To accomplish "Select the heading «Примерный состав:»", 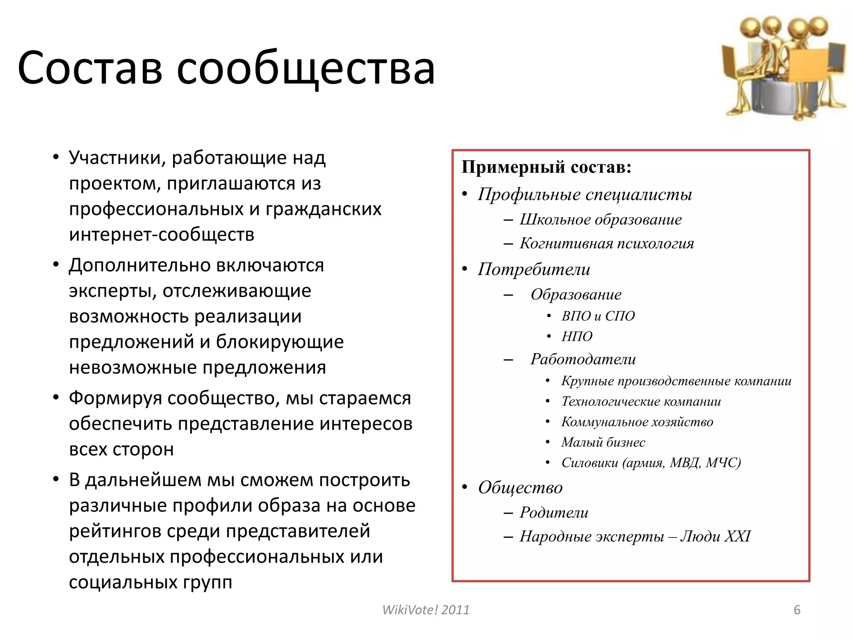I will (x=546, y=167).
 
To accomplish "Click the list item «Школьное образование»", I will (x=600, y=219).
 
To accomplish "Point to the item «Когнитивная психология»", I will (x=607, y=243).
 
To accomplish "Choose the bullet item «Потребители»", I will (x=534, y=269).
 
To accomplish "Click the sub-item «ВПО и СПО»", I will (x=598, y=316).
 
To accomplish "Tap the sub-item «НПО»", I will (x=577, y=336).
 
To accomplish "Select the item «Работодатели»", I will (x=583, y=359).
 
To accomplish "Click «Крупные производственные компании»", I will (x=676, y=381).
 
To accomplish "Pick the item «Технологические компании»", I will (x=641, y=401).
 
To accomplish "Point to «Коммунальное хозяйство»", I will (x=637, y=422).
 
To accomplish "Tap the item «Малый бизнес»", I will (x=603, y=442).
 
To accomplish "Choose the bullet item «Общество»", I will (x=520, y=488).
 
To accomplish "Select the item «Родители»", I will (x=554, y=513).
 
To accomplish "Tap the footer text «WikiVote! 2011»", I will (x=426, y=610).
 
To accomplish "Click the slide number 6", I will (x=797, y=610).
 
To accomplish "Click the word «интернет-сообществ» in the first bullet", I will (x=161, y=235).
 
